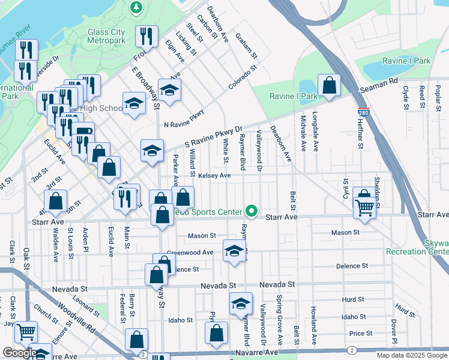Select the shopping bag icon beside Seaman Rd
(329, 85)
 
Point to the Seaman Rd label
(379, 84)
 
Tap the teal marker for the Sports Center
(252, 212)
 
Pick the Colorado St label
(242, 78)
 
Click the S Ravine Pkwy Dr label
(213, 137)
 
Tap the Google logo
(19, 353)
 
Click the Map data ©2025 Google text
(411, 355)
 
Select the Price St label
(361, 333)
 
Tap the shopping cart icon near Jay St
(25, 331)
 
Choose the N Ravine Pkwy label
(184, 118)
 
